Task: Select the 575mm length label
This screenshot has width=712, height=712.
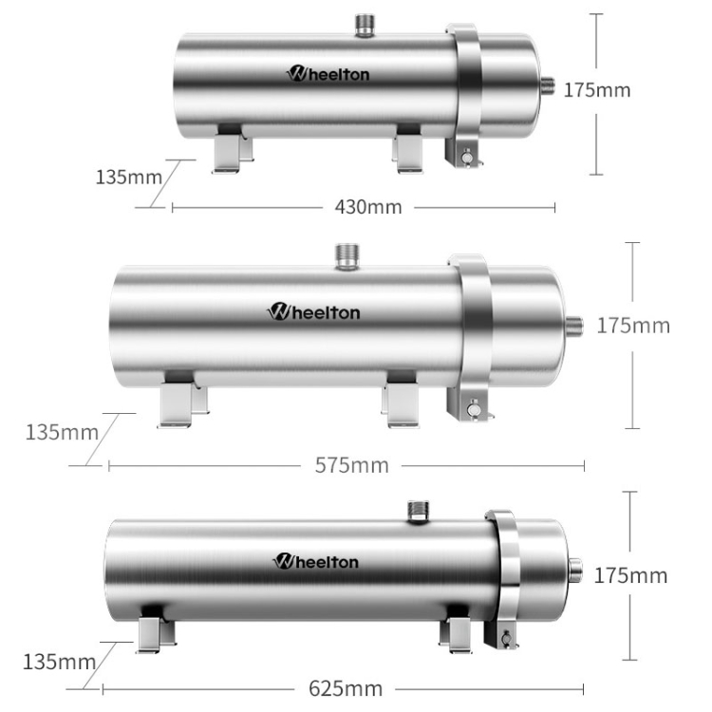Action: pyautogui.click(x=351, y=465)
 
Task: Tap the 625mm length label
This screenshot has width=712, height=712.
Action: pyautogui.click(x=346, y=688)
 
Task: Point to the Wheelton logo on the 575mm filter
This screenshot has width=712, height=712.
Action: pyautogui.click(x=314, y=311)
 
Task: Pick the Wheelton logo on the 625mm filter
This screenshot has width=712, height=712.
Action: pyautogui.click(x=317, y=562)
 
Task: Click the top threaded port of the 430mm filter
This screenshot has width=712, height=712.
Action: pyautogui.click(x=365, y=26)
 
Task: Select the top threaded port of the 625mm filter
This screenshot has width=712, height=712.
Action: pyautogui.click(x=416, y=511)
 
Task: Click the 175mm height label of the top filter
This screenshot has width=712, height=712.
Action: pyautogui.click(x=597, y=91)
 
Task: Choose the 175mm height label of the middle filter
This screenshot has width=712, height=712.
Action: pyautogui.click(x=633, y=326)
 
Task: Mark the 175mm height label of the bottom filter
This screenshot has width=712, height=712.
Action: pyautogui.click(x=630, y=575)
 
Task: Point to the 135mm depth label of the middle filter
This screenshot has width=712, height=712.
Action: pyautogui.click(x=62, y=433)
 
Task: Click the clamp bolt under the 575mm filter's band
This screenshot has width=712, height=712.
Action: pyautogui.click(x=470, y=410)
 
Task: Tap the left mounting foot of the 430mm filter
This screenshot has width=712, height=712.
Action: pyautogui.click(x=229, y=152)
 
